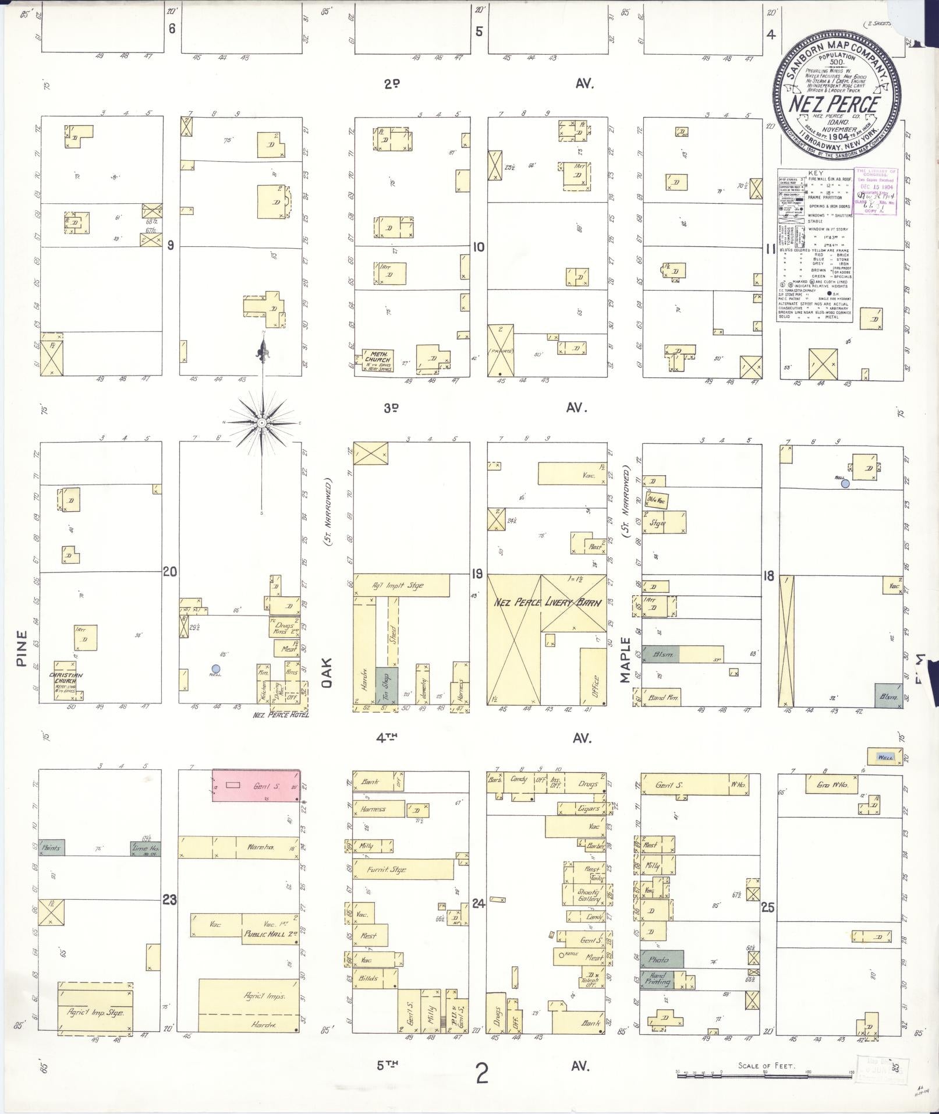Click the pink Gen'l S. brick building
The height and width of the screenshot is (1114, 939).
256,786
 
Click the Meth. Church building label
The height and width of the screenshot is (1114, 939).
377,358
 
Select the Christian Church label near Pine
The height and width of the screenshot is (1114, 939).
69,678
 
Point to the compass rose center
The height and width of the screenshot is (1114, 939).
263,422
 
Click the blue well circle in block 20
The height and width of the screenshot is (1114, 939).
216,669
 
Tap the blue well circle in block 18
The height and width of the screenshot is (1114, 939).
845,483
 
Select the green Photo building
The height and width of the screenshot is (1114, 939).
661,959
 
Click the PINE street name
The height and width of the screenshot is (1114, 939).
22,648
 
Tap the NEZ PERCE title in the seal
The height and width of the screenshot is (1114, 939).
833,105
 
